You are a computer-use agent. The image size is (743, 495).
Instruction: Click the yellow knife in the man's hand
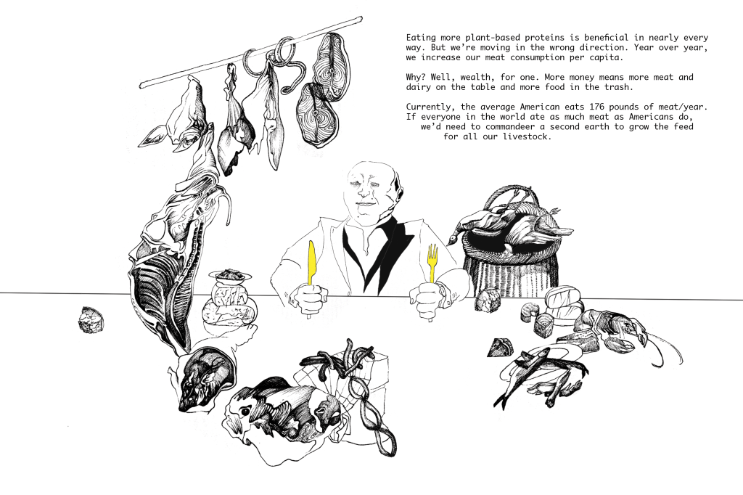(311, 263)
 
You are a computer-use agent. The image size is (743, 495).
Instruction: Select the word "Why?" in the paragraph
(416, 77)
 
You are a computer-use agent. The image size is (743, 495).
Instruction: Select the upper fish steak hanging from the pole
(331, 65)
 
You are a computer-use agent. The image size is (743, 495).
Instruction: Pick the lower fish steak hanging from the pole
(316, 114)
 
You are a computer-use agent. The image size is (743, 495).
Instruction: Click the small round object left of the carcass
(91, 319)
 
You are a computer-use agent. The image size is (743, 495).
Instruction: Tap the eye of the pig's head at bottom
(245, 411)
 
